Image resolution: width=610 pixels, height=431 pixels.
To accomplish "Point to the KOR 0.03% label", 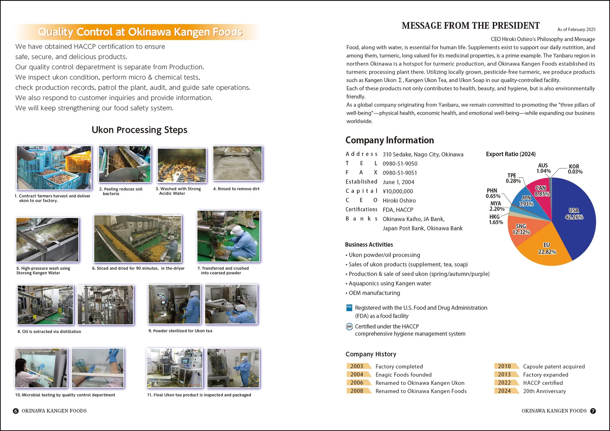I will tap(575, 169).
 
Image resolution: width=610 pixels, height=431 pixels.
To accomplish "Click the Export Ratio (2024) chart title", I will tap(511, 154).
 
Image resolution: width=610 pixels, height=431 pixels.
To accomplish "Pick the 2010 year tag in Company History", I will tap(504, 366).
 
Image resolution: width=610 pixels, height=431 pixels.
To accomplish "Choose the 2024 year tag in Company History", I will tap(504, 391).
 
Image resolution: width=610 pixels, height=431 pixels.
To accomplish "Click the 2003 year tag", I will tap(357, 366).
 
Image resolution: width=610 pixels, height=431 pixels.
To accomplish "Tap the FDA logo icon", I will tap(349, 308).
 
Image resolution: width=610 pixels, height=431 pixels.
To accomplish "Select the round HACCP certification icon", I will tap(349, 326).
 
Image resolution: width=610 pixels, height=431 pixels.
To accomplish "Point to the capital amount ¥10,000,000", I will tap(398, 191).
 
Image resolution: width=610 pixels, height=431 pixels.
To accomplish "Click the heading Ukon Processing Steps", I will tap(139, 130).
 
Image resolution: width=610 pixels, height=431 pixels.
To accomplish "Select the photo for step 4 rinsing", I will tap(237, 163).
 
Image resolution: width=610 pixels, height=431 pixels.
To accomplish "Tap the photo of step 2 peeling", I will tap(125, 164).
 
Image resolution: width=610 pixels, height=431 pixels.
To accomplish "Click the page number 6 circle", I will tap(16, 411).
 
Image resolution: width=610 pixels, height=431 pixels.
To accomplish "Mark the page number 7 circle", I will tap(593, 411).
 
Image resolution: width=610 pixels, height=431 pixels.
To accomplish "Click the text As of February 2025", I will tap(576, 30).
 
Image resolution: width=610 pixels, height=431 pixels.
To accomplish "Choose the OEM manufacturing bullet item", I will tap(374, 293).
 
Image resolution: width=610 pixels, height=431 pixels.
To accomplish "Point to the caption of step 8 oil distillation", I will tap(49, 332).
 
